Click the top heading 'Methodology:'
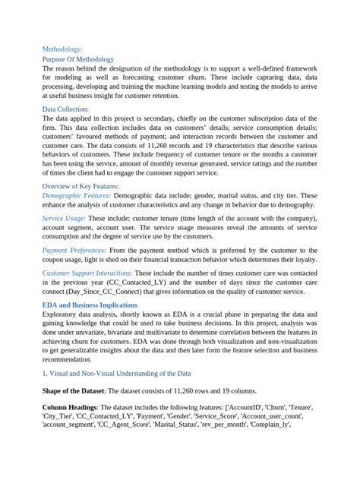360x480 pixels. tap(66, 46)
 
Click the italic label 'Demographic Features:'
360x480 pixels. tap(76, 195)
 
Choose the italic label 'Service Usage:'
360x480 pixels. tap(63, 218)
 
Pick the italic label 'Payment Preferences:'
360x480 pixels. tap(74, 250)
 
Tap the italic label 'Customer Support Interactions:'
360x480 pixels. tap(87, 272)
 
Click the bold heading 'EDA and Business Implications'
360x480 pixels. tap(95, 304)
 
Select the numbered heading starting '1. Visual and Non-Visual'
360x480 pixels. tap(116, 373)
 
